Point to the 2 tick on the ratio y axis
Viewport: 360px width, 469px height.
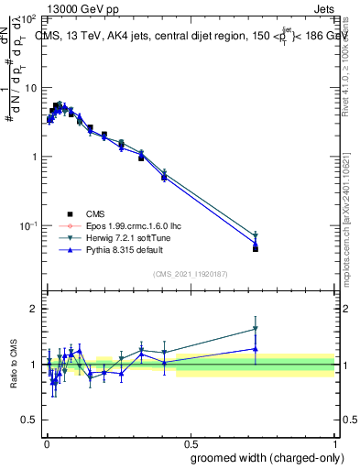33,309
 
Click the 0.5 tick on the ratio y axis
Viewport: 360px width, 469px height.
28,420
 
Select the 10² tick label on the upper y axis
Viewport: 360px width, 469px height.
28,19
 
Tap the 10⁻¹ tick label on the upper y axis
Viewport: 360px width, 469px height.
28,225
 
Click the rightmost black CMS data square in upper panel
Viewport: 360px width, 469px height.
256,248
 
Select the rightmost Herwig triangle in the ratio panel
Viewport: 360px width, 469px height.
256,329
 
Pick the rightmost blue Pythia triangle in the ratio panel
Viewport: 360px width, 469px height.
256,348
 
